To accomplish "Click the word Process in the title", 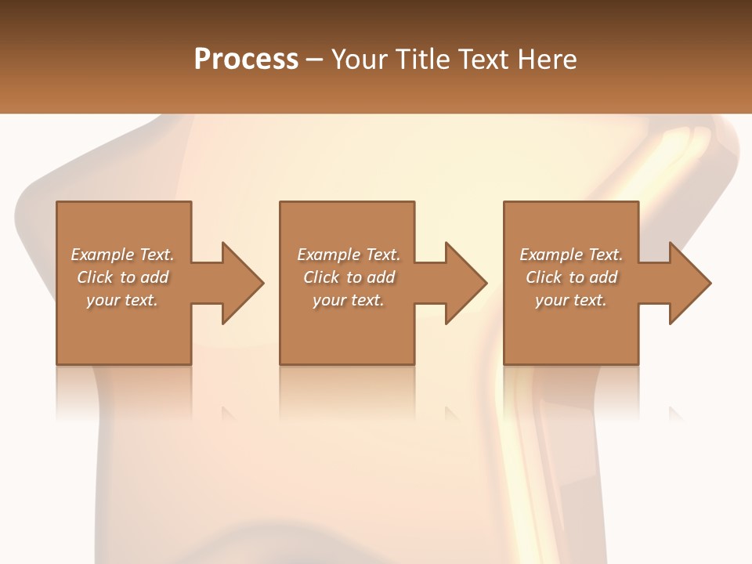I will coord(246,60).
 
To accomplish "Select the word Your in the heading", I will coord(360,60).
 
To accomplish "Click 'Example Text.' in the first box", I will coord(122,255).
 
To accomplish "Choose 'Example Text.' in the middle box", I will coord(349,255).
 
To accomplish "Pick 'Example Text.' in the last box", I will coord(571,255).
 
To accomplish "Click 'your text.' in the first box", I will coord(122,300).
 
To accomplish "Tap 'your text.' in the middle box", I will coord(349,300).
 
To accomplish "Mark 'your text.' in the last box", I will coord(571,300).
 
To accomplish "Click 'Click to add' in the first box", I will coord(122,277).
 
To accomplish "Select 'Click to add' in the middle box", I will coord(349,277).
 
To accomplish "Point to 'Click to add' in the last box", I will coord(571,277).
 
